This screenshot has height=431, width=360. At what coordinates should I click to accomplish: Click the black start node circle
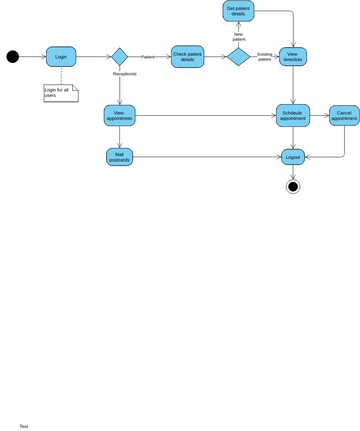(x=13, y=56)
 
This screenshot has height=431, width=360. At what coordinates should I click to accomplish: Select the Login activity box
(x=61, y=56)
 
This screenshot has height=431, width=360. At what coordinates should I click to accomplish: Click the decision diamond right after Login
(x=119, y=56)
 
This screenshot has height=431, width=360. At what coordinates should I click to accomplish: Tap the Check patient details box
(x=187, y=56)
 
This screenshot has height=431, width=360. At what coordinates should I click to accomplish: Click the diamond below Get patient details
(x=238, y=56)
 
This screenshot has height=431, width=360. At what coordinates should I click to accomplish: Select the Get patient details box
(x=238, y=11)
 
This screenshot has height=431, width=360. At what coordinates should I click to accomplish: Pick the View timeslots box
(x=292, y=56)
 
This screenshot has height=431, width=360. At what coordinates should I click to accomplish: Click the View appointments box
(x=119, y=115)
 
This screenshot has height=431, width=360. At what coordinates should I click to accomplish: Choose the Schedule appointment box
(x=292, y=115)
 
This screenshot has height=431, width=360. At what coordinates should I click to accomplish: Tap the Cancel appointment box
(x=344, y=115)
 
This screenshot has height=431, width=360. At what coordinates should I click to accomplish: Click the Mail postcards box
(x=119, y=157)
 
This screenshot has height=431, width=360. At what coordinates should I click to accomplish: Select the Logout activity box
(x=292, y=157)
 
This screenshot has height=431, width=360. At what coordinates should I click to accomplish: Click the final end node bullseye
(x=292, y=186)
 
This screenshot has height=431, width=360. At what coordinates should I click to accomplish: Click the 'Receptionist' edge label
(x=124, y=73)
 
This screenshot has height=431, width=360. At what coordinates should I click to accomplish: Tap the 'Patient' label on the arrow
(x=148, y=57)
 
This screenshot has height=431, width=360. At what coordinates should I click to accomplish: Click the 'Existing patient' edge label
(x=264, y=57)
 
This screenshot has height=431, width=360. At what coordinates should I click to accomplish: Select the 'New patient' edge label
(x=238, y=36)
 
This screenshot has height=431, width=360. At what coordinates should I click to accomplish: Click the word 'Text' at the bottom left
(x=24, y=426)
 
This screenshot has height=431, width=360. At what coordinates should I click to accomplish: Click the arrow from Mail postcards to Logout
(x=205, y=157)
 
